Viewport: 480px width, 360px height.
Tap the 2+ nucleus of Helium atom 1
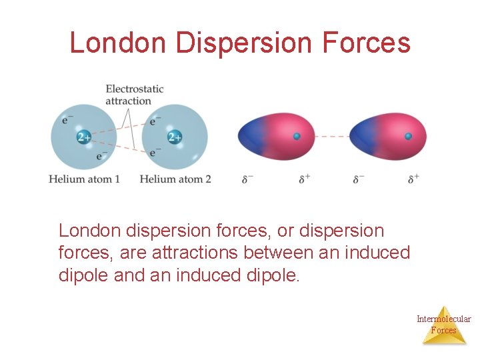84,137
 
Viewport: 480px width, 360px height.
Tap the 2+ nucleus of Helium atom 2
175,137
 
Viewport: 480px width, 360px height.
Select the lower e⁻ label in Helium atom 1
101,155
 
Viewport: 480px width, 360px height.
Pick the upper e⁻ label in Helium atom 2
155,121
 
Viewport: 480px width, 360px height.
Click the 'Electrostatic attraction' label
134,95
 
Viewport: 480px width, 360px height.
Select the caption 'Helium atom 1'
85,179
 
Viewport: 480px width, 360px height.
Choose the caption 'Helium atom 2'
175,179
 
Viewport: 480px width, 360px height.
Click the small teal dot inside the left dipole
297,136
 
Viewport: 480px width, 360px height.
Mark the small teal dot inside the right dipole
408,136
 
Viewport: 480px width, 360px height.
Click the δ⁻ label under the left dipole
247,179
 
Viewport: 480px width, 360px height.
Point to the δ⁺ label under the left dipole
304,179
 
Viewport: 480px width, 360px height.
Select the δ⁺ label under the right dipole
414,179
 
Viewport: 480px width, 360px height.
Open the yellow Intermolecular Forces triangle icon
444,325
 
